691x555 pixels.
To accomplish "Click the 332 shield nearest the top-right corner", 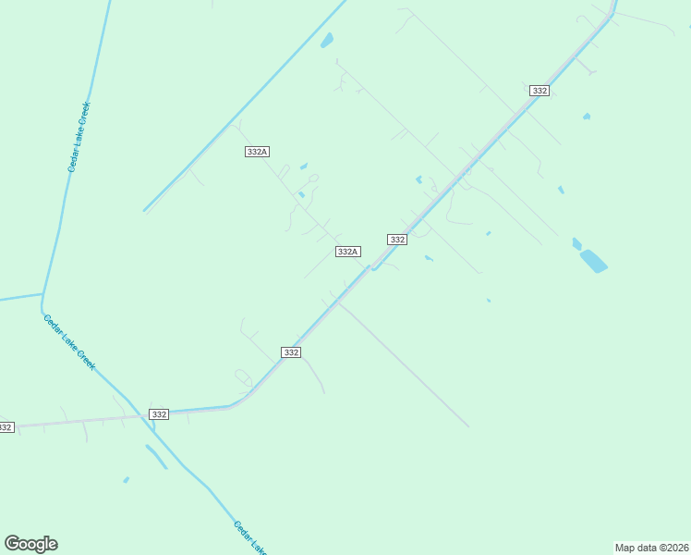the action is pyautogui.click(x=540, y=91).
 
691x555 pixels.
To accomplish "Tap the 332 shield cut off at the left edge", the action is pyautogui.click(x=6, y=427).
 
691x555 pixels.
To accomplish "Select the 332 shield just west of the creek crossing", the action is pyautogui.click(x=159, y=414).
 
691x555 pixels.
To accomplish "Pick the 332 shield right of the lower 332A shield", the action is pyautogui.click(x=397, y=240).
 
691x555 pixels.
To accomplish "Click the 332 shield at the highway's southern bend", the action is pyautogui.click(x=291, y=352).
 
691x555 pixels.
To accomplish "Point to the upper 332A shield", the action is pyautogui.click(x=258, y=152).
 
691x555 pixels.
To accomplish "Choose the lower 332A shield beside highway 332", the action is pyautogui.click(x=347, y=252).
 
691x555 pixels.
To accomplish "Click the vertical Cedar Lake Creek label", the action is pyautogui.click(x=78, y=137).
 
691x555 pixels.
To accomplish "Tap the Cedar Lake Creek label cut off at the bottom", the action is pyautogui.click(x=248, y=536).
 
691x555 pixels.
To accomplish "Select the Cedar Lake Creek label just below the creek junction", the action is pyautogui.click(x=69, y=342).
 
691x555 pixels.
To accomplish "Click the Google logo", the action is pyautogui.click(x=30, y=544).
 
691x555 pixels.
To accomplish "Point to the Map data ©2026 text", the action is pyautogui.click(x=651, y=548).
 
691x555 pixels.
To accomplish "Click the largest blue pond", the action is pyautogui.click(x=593, y=261).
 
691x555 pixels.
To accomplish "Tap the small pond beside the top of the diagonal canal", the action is pyautogui.click(x=326, y=40).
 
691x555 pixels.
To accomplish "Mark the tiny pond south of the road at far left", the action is pyautogui.click(x=126, y=480).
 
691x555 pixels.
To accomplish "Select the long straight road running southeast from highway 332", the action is pyautogui.click(x=406, y=365).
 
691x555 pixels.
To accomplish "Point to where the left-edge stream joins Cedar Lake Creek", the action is pyautogui.click(x=42, y=295).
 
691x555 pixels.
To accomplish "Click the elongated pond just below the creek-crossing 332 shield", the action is pyautogui.click(x=155, y=457).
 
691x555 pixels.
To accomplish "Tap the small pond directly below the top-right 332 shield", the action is pyautogui.click(x=587, y=117).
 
